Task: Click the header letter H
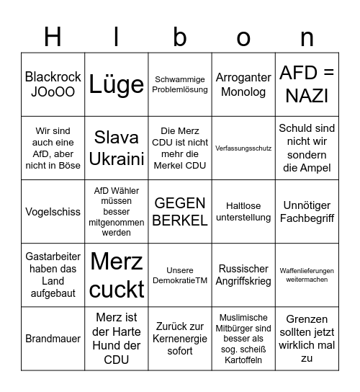click(x=53, y=37)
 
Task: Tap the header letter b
click(x=180, y=37)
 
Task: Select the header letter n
click(x=307, y=37)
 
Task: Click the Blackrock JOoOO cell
click(x=53, y=84)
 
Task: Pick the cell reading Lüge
click(x=117, y=84)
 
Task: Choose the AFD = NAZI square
click(x=307, y=84)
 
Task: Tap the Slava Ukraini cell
click(x=117, y=148)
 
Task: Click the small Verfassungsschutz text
click(x=243, y=148)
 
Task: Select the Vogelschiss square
click(x=53, y=212)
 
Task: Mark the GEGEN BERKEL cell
click(x=180, y=212)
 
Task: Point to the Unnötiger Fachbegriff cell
click(x=307, y=212)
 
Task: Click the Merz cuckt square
click(x=117, y=275)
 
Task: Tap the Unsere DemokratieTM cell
click(x=180, y=275)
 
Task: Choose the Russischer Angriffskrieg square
click(x=243, y=275)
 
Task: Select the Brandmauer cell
click(x=53, y=339)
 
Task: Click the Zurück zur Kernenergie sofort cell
click(x=180, y=339)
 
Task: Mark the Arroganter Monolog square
click(x=243, y=84)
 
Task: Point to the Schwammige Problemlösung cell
click(x=180, y=84)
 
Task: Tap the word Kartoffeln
click(x=243, y=360)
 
